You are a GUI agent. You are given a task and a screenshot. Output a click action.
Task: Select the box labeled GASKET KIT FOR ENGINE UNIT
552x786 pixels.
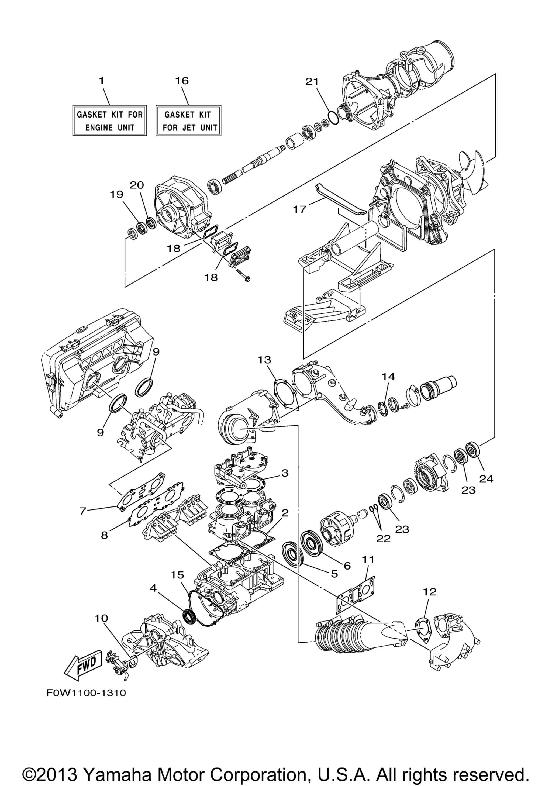[109, 120]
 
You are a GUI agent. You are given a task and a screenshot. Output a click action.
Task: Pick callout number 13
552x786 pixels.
[264, 360]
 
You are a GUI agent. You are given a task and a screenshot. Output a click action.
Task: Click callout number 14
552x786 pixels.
[388, 377]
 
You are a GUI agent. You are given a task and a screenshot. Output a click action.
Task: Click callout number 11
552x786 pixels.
[368, 559]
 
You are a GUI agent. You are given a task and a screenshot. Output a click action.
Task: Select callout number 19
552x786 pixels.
[116, 194]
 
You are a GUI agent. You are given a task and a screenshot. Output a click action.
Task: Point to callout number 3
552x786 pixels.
[285, 473]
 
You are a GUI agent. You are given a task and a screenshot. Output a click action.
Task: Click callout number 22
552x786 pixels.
[383, 539]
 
